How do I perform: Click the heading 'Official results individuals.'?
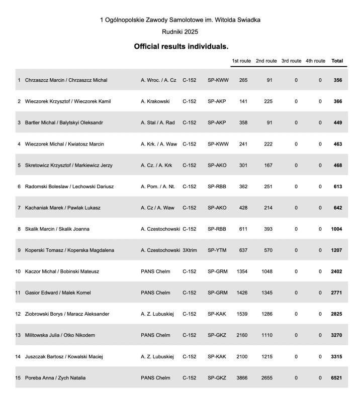coord(181,46)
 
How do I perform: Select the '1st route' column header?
coord(241,61)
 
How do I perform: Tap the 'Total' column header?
coord(337,61)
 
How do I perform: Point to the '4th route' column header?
coord(315,61)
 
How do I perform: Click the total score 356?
coord(337,80)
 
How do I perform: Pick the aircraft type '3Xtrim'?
coord(191,250)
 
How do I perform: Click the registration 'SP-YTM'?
coord(218,250)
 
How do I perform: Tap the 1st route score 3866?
coord(242,378)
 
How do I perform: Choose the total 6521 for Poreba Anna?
coord(336,378)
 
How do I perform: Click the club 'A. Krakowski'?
coord(155,101)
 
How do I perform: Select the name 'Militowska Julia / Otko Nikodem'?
coord(60,335)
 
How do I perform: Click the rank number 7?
coord(19,208)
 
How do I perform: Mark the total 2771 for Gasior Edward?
coord(336,293)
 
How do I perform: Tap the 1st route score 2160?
coord(242,335)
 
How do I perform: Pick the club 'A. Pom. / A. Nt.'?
coord(158,187)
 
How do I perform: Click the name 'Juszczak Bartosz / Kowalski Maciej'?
coord(64,357)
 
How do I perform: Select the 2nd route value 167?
coord(268,166)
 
